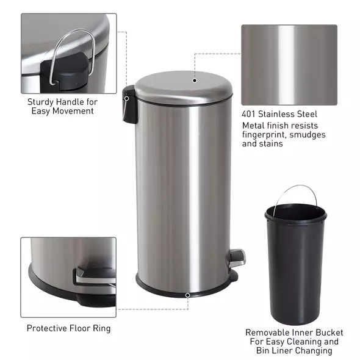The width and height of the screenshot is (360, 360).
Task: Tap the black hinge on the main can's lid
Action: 128,105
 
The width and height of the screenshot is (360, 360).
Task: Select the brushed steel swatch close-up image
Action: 289,65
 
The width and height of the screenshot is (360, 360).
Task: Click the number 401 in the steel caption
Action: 250,114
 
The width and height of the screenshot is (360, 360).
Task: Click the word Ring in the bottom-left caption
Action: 102,328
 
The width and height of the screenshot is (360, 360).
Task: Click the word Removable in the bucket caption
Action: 267,333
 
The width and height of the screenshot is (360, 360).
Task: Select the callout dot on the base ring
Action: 187,295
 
